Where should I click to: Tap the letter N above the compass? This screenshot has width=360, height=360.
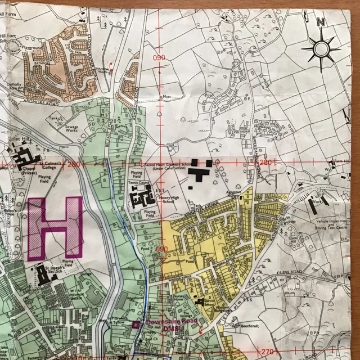tap(321, 22)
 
